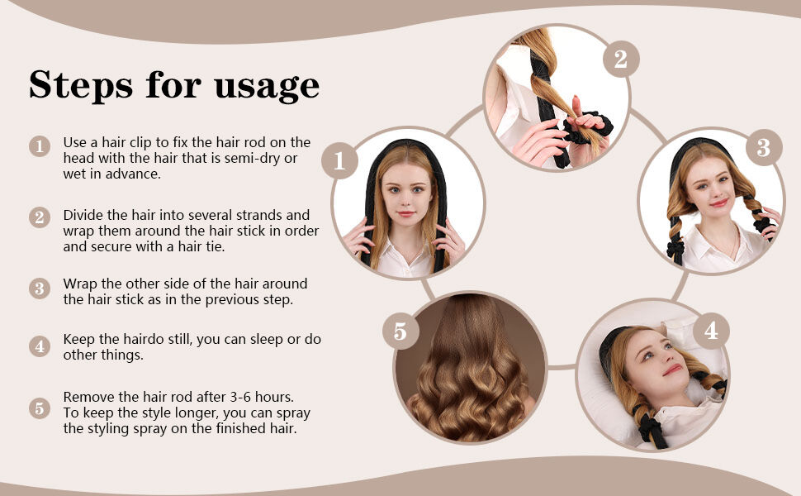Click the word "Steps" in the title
(x=81, y=84)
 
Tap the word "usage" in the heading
(x=267, y=86)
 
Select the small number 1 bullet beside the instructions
(x=40, y=147)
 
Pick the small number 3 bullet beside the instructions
(x=40, y=289)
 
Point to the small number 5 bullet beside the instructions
(x=40, y=408)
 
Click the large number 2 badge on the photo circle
(x=621, y=59)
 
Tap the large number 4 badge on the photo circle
(x=711, y=331)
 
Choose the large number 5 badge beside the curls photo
(x=400, y=331)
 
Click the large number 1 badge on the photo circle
(x=339, y=160)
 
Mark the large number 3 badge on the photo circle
(x=764, y=147)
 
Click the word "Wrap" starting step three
(x=80, y=284)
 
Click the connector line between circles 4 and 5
(x=562, y=367)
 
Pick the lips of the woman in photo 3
(x=718, y=203)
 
